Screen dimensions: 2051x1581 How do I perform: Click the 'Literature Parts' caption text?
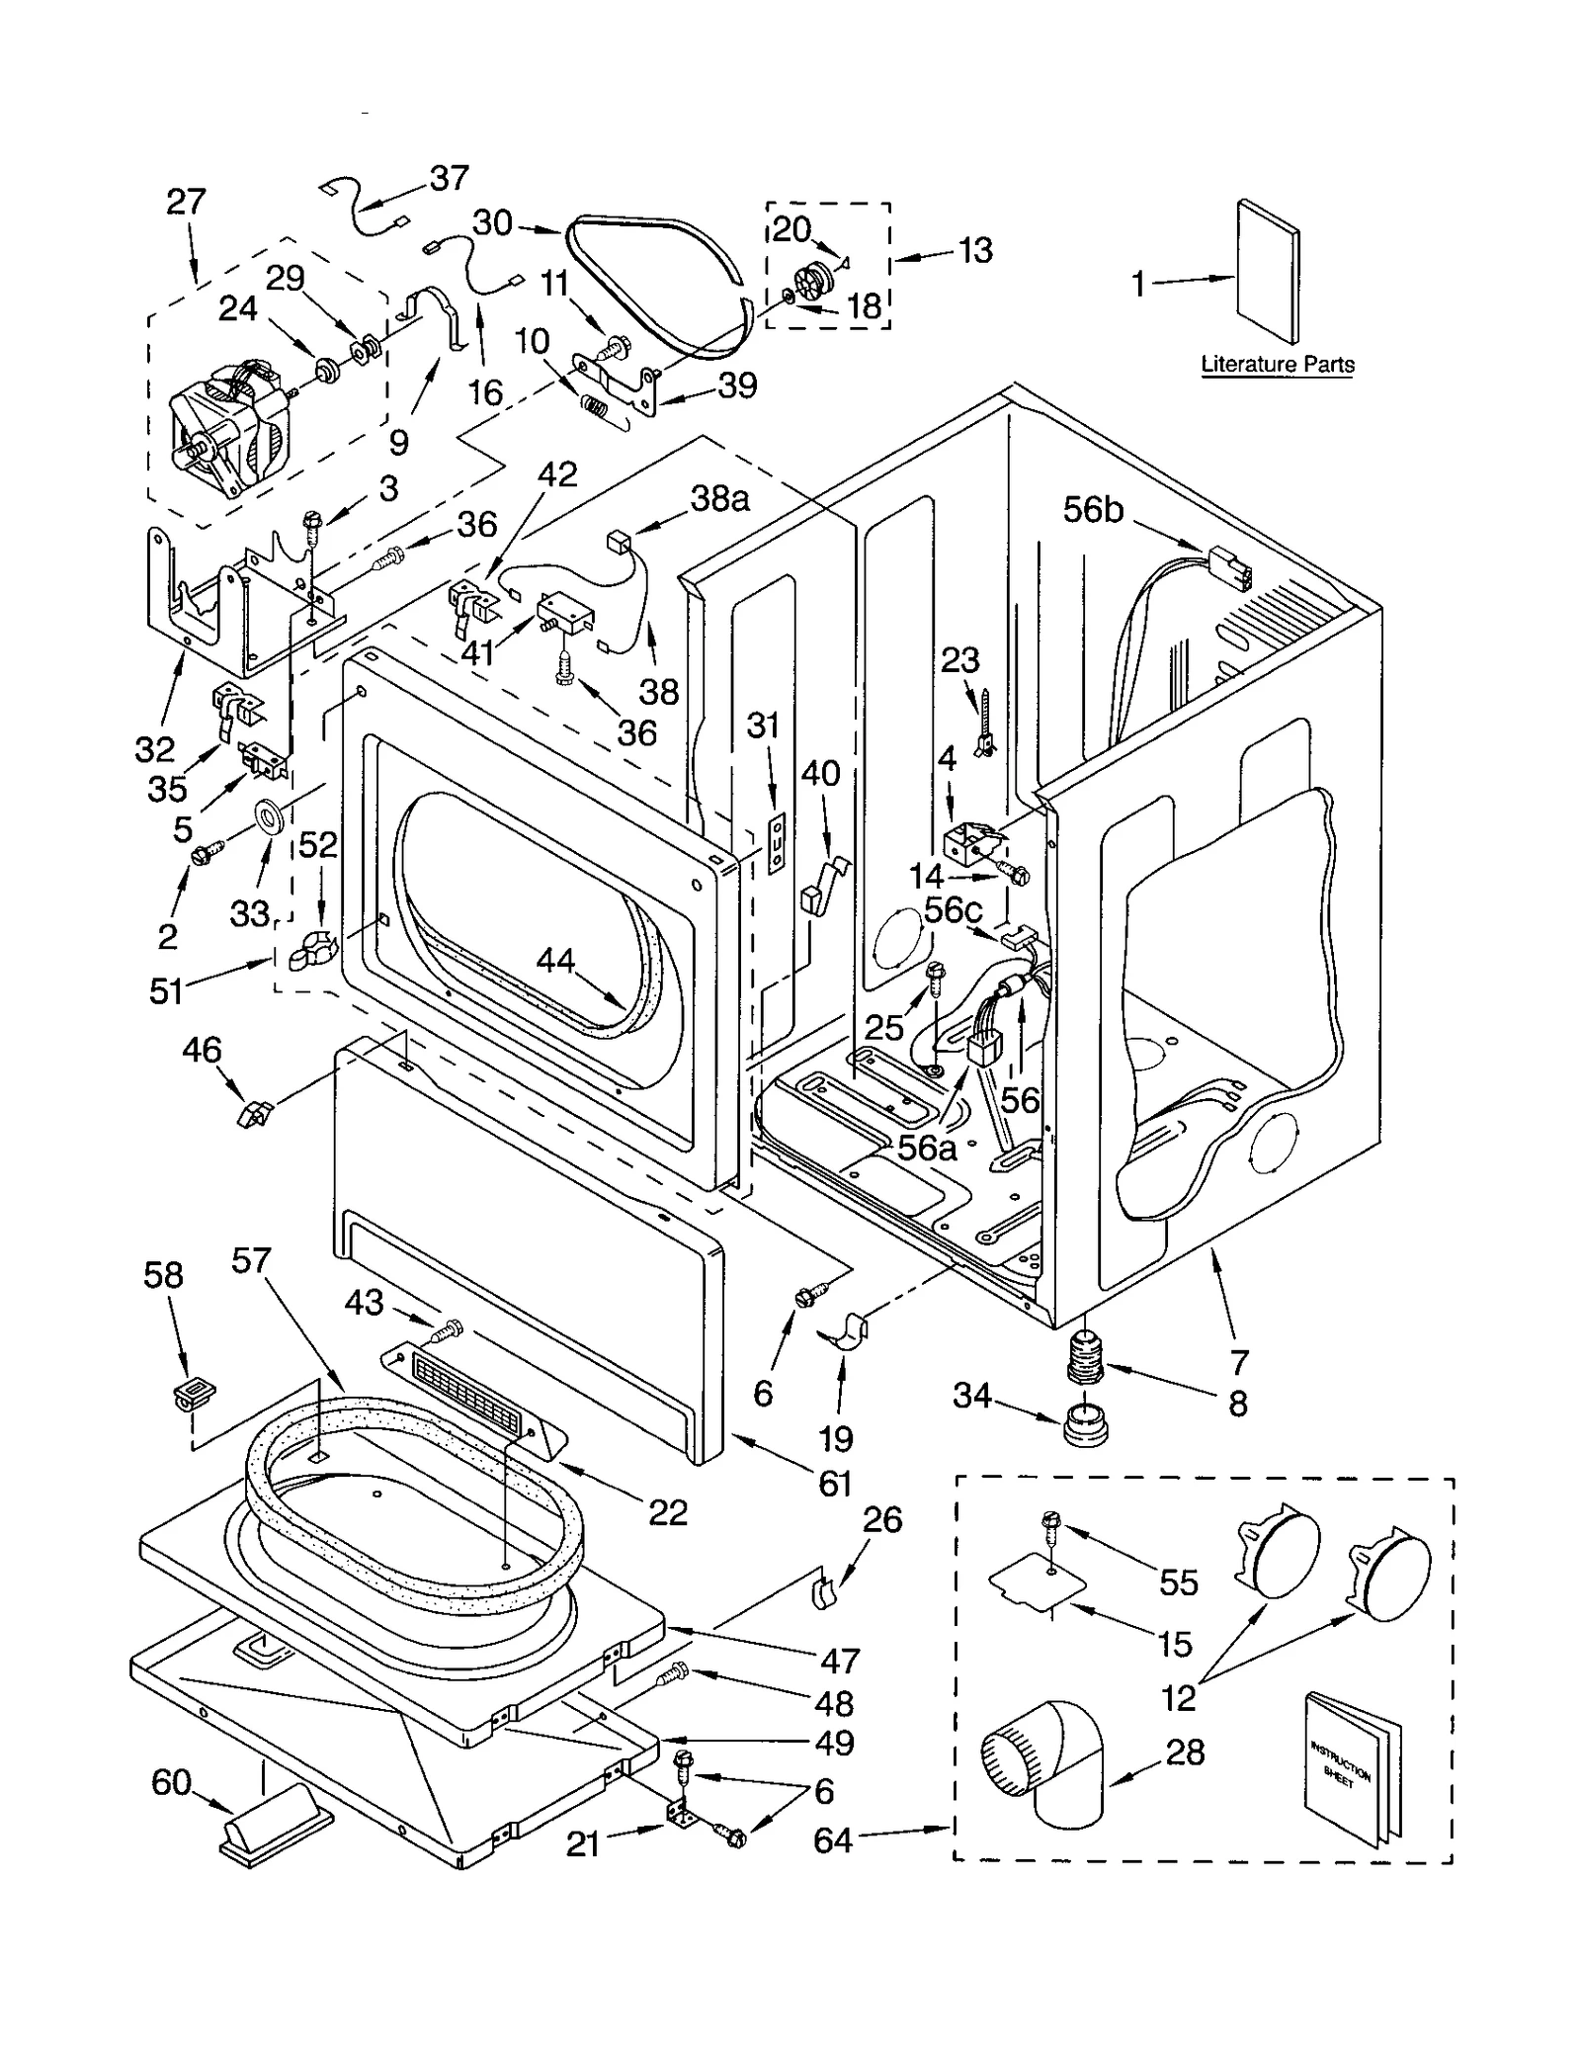coord(1277,364)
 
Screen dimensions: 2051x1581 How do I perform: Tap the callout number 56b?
coord(1092,509)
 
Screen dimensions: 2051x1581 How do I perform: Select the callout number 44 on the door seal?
coord(555,959)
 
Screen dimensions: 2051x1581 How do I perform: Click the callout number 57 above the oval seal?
coord(251,1260)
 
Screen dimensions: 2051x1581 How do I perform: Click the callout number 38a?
coord(718,498)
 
